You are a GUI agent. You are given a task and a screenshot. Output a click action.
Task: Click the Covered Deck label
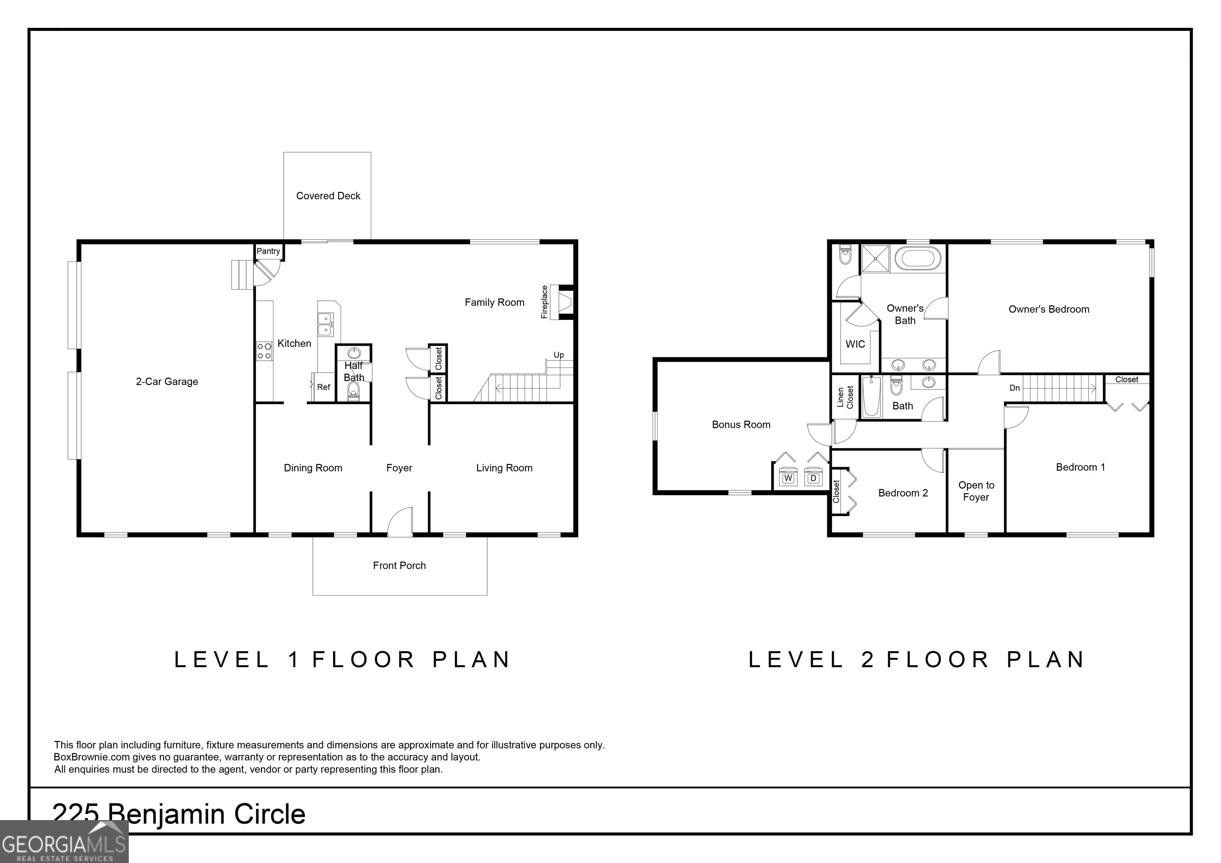click(328, 195)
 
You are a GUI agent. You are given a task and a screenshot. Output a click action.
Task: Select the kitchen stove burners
click(264, 351)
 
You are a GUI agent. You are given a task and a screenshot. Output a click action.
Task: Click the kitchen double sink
click(325, 324)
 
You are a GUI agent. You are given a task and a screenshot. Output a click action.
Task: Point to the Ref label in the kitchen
click(323, 387)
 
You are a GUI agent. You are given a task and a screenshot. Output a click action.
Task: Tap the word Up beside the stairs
click(558, 355)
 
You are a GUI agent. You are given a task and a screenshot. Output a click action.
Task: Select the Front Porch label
click(399, 565)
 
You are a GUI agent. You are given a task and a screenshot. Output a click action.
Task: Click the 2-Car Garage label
click(167, 381)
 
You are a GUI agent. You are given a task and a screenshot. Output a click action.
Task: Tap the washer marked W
click(788, 477)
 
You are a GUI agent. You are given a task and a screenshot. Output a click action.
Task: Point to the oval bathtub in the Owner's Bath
click(918, 258)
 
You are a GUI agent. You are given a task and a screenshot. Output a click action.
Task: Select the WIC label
click(855, 344)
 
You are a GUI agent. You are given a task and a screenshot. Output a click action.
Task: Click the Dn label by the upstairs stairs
click(1015, 388)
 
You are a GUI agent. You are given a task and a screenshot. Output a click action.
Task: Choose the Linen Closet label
click(845, 397)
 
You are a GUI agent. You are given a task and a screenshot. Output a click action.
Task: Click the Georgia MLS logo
click(64, 842)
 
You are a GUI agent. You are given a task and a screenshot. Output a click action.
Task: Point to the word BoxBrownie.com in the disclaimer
click(91, 757)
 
